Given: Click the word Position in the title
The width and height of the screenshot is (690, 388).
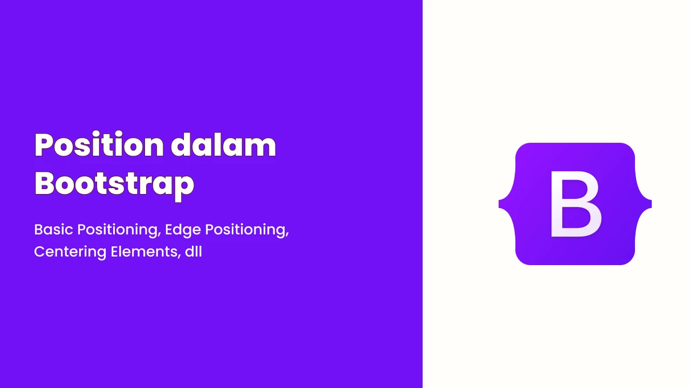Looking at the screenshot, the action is pyautogui.click(x=99, y=144).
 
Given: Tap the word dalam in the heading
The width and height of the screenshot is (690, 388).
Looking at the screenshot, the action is pyautogui.click(x=224, y=144).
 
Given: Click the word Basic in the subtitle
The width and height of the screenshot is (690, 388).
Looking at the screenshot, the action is pyautogui.click(x=53, y=230).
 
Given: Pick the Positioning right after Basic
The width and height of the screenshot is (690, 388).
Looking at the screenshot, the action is pyautogui.click(x=119, y=230).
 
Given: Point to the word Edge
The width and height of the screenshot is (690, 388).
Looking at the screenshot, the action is pyautogui.click(x=183, y=230).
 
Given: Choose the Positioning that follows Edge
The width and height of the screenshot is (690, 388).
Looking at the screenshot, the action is pyautogui.click(x=247, y=230).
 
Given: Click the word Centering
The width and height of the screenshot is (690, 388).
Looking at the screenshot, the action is pyautogui.click(x=70, y=252).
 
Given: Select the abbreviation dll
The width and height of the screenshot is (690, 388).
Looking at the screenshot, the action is pyautogui.click(x=194, y=252).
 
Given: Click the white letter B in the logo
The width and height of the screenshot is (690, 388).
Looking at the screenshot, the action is pyautogui.click(x=575, y=204).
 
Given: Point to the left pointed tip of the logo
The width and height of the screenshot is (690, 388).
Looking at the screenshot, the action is pyautogui.click(x=499, y=204).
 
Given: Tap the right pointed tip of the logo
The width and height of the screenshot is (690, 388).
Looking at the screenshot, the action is pyautogui.click(x=651, y=204).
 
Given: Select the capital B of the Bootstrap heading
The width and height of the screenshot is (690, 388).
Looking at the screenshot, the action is pyautogui.click(x=45, y=183).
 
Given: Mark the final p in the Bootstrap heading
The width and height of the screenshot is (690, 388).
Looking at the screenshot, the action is pyautogui.click(x=184, y=187).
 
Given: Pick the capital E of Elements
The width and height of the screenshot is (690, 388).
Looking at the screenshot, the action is pyautogui.click(x=115, y=252).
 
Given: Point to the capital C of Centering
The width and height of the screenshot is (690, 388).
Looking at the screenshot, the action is pyautogui.click(x=40, y=252).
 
